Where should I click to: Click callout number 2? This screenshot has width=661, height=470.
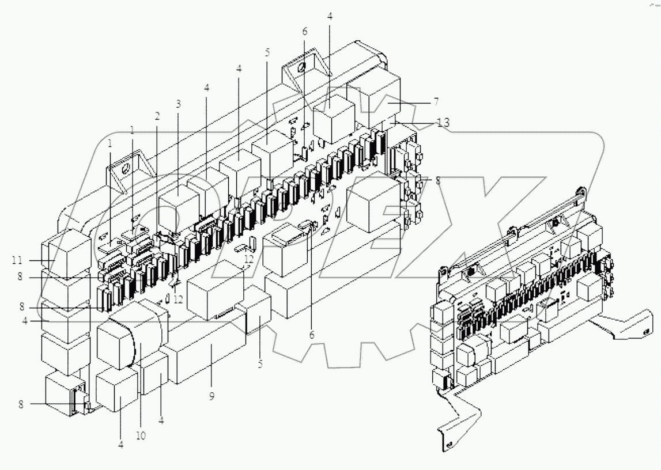pyautogui.click(x=156, y=115)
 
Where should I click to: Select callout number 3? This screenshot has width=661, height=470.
pyautogui.click(x=179, y=104)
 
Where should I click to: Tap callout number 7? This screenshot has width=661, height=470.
pyautogui.click(x=436, y=101)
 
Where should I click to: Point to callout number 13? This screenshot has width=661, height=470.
pyautogui.click(x=443, y=122)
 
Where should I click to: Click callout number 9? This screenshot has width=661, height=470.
pyautogui.click(x=211, y=397)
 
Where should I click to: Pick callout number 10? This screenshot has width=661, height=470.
pyautogui.click(x=141, y=435)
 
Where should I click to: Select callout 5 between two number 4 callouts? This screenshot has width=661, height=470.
pyautogui.click(x=267, y=52)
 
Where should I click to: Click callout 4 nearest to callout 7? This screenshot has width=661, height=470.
pyautogui.click(x=330, y=16)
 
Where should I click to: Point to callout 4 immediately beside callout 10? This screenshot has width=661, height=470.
pyautogui.click(x=161, y=420)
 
